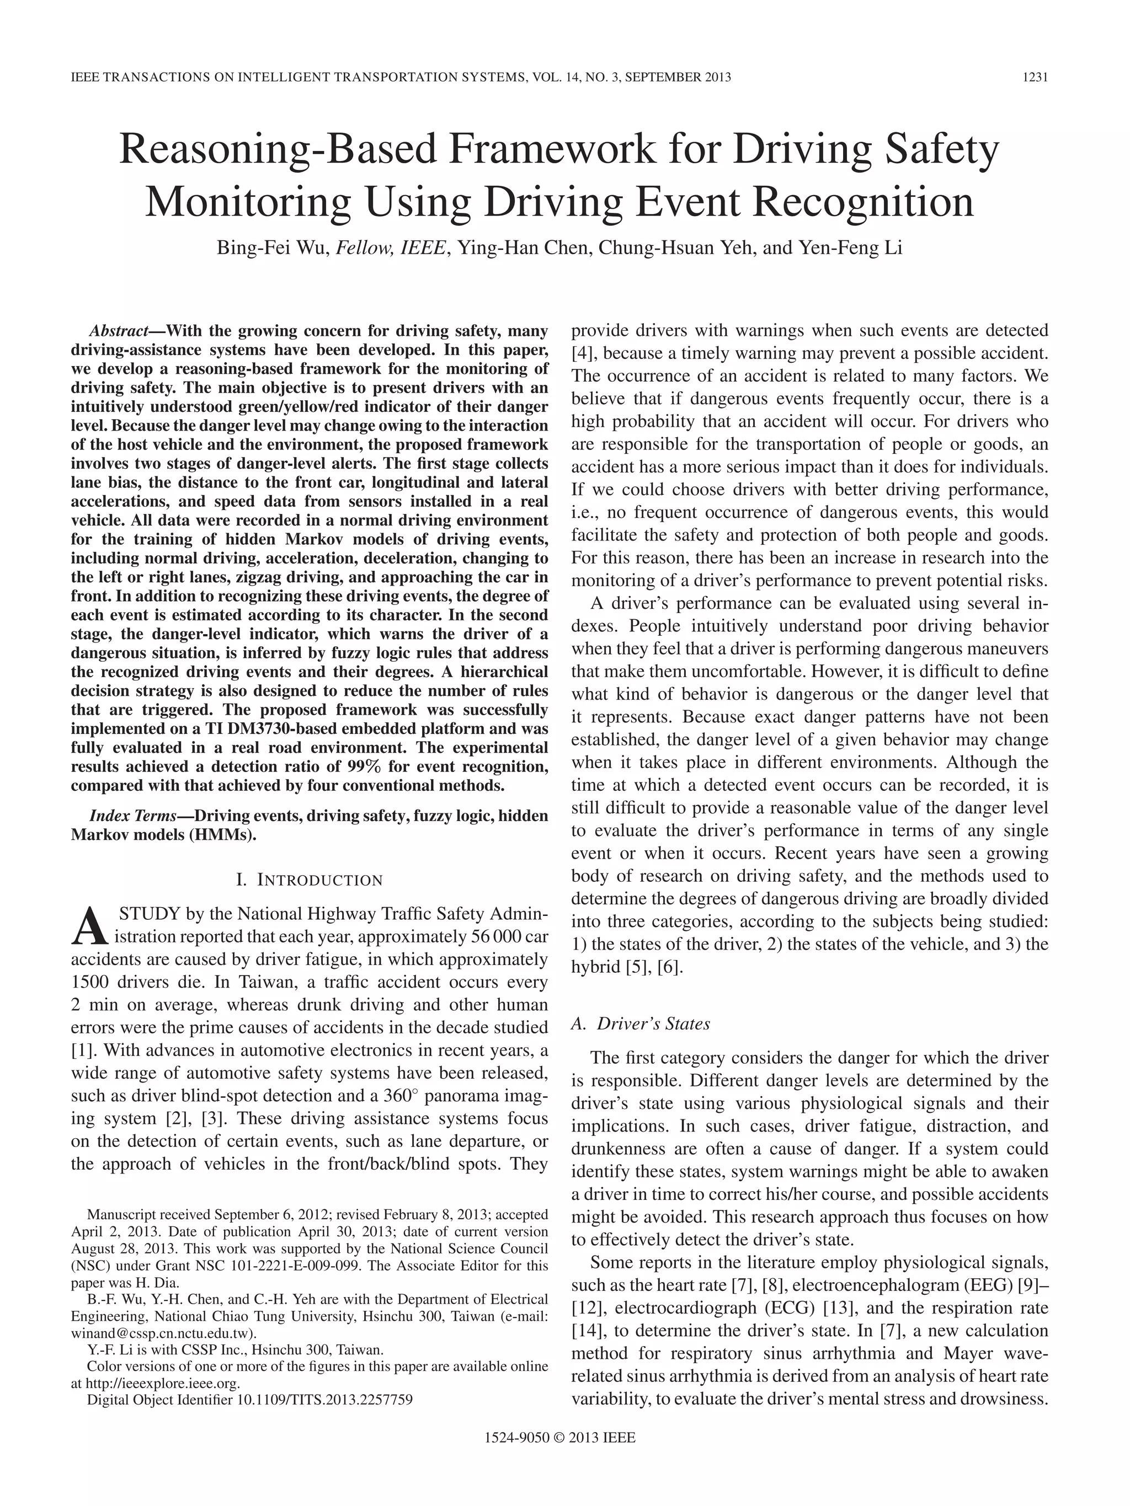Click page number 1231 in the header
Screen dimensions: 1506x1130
tap(1034, 77)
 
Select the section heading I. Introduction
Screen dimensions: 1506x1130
tap(309, 880)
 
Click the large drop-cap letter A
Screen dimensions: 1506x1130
tap(88, 928)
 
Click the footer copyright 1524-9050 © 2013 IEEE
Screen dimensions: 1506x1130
tap(559, 1456)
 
